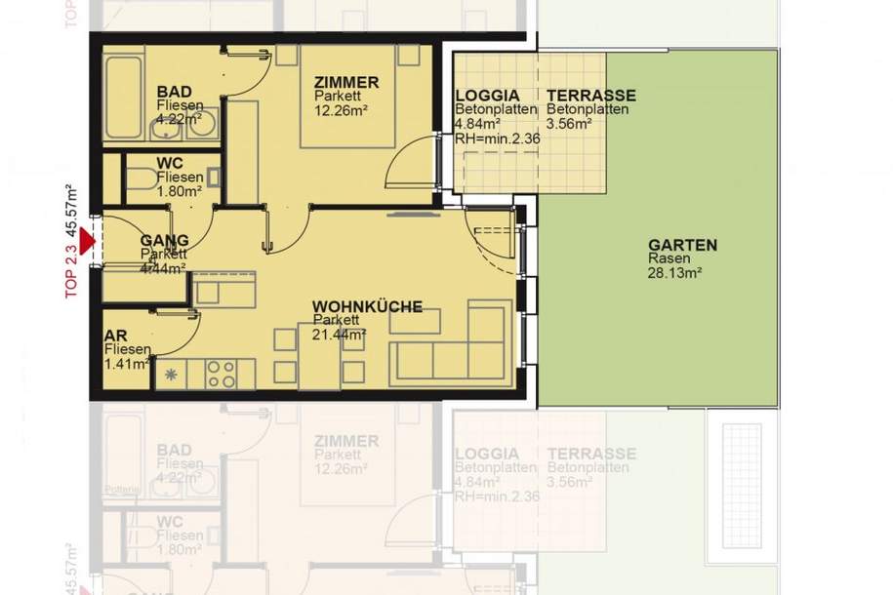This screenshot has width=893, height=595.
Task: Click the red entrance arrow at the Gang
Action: (90, 239)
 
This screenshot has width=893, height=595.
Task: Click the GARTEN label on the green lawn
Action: (682, 246)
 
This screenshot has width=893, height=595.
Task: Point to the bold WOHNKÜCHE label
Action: (367, 306)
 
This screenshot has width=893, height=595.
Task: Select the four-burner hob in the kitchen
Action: (220, 374)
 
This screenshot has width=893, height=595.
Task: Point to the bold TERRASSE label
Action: (590, 96)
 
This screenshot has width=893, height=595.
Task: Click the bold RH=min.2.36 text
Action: (498, 138)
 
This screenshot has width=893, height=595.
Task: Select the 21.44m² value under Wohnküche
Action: (339, 334)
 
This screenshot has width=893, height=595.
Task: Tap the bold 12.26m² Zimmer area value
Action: (341, 112)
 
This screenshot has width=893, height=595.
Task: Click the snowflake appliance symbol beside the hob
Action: (173, 374)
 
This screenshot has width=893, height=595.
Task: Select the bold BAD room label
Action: (175, 92)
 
